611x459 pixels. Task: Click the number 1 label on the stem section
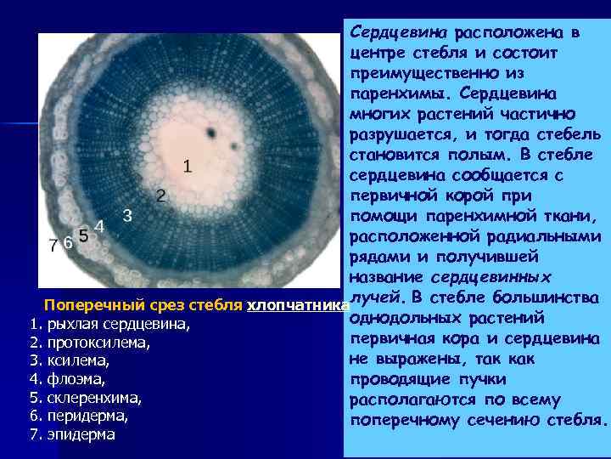[x=187, y=165]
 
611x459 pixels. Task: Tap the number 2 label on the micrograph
[x=160, y=196]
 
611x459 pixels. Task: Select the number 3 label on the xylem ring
[x=127, y=215]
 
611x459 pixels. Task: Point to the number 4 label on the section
[x=99, y=227]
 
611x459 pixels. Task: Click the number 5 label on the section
[x=83, y=235]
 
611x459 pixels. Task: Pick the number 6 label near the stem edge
[x=68, y=243]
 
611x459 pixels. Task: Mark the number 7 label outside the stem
[x=53, y=246]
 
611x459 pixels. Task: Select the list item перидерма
[x=89, y=416]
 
